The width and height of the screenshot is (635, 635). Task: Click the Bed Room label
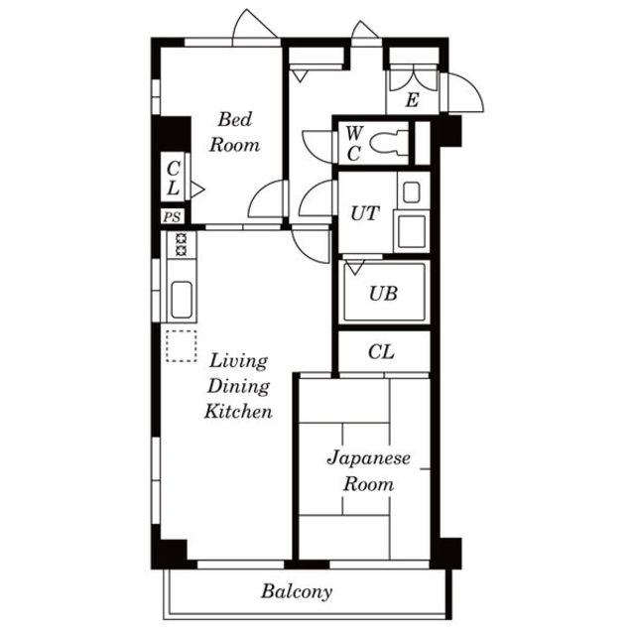(234, 132)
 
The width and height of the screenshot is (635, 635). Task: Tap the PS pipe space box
(173, 216)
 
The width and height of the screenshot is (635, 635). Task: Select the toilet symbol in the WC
(388, 143)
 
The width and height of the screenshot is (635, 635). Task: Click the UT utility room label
(365, 213)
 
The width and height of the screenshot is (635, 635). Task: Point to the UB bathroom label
(383, 294)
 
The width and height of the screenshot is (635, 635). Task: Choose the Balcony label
(297, 591)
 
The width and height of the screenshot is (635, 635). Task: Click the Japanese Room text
(368, 471)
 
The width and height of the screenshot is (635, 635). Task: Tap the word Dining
(238, 386)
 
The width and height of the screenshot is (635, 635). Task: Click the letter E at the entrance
(412, 99)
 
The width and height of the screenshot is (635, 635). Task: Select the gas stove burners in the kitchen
(181, 245)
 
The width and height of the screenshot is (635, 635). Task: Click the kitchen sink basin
(182, 300)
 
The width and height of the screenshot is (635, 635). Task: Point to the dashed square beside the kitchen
(181, 346)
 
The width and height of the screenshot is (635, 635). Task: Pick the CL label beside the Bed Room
(174, 178)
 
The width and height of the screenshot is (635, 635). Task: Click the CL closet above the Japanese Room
(381, 352)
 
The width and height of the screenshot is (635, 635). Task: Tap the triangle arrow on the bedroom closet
(197, 190)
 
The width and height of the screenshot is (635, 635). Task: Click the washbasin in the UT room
(412, 192)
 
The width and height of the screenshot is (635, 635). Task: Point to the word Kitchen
(238, 411)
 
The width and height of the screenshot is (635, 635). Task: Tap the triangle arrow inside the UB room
(355, 267)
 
